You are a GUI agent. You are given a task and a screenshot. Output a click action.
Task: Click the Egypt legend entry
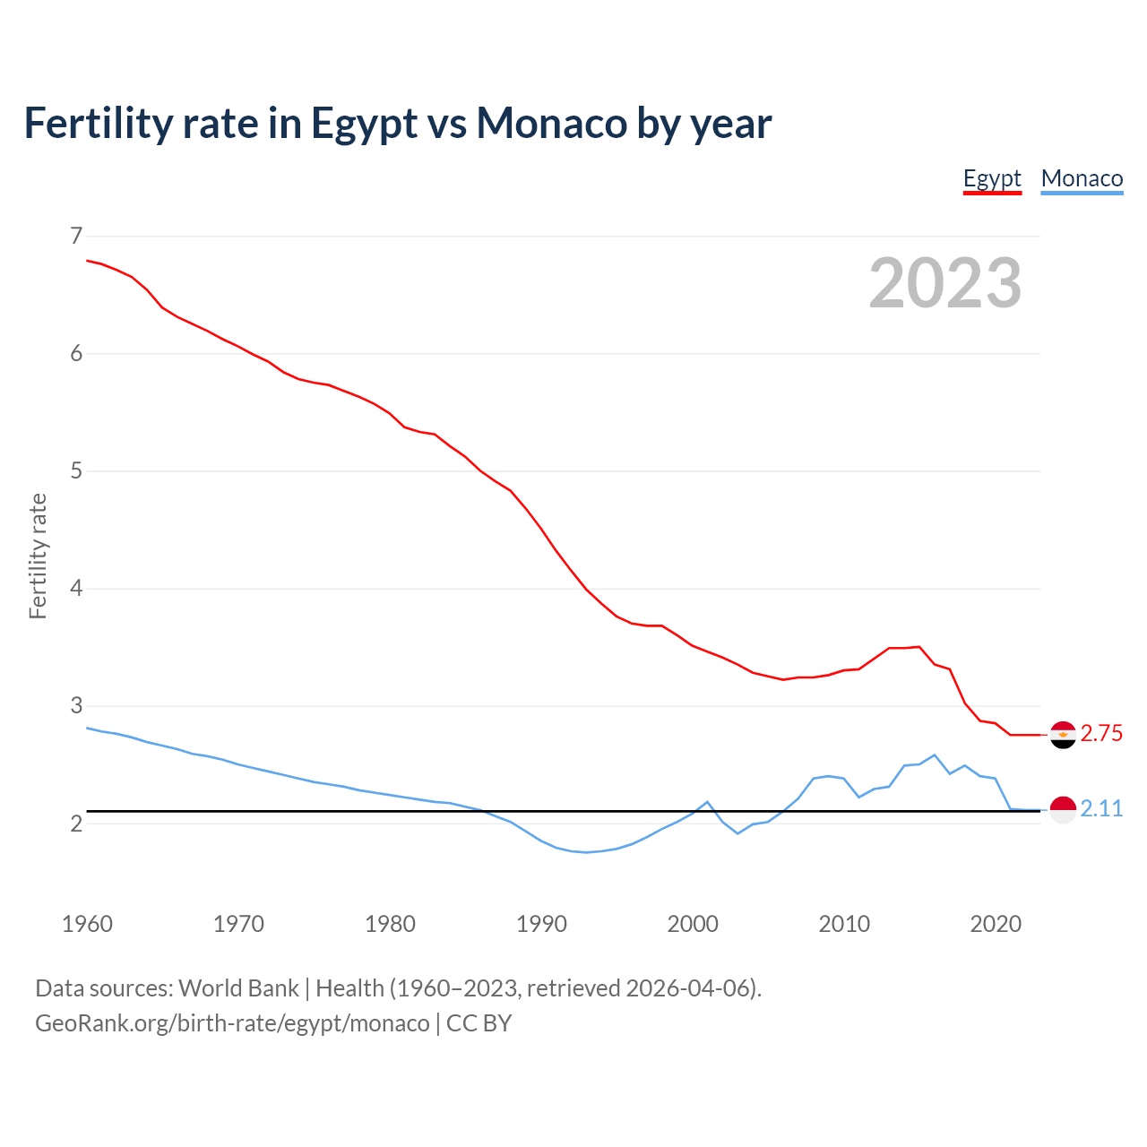point(992,178)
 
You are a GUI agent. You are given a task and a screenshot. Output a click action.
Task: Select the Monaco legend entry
point(1082,178)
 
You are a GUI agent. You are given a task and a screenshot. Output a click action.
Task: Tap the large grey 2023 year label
point(944,283)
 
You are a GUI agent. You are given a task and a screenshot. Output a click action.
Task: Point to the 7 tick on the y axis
point(76,236)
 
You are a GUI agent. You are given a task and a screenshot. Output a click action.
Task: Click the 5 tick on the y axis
point(76,470)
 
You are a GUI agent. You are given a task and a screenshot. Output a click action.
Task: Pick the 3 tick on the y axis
point(76,705)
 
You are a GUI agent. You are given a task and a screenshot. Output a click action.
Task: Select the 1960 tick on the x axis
point(87,924)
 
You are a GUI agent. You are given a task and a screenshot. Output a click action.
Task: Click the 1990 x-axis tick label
point(541,924)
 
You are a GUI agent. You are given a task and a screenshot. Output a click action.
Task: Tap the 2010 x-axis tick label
point(844,924)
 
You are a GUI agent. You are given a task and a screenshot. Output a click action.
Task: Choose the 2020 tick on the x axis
point(996,924)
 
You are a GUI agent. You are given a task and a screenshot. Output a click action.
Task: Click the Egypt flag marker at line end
point(1063,735)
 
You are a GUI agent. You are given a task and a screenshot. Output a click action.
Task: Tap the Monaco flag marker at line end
point(1063,810)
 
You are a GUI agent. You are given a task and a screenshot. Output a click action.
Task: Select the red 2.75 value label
point(1101,734)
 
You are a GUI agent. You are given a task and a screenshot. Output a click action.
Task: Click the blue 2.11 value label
point(1101,809)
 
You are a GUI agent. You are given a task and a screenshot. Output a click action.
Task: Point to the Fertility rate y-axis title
point(38,556)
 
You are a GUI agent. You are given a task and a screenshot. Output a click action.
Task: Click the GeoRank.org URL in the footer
point(232,1023)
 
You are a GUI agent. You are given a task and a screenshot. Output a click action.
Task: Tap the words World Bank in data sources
point(238,988)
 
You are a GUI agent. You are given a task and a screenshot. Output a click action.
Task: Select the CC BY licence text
point(479,1023)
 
